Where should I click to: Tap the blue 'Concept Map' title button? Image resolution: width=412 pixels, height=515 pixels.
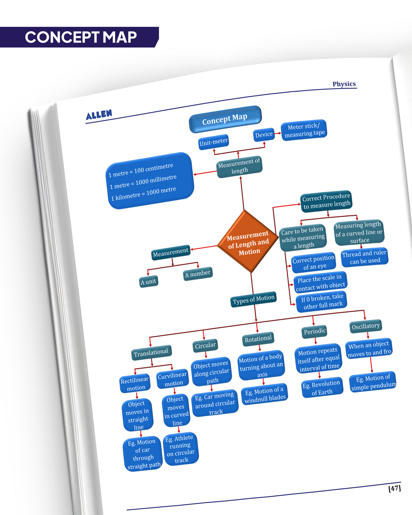pyautogui.click(x=225, y=119)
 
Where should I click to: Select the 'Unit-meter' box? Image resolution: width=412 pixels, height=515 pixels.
pyautogui.click(x=213, y=142)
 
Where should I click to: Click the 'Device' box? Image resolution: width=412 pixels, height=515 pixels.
pyautogui.click(x=264, y=134)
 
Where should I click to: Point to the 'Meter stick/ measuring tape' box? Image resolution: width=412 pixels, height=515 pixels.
pyautogui.click(x=304, y=130)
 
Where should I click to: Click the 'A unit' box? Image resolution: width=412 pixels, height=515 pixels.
pyautogui.click(x=148, y=281)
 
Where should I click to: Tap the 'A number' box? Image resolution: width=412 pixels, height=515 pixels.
pyautogui.click(x=198, y=274)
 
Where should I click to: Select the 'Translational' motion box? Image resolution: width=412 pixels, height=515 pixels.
pyautogui.click(x=151, y=352)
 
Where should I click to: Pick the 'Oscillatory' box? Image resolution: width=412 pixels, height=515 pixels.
pyautogui.click(x=365, y=326)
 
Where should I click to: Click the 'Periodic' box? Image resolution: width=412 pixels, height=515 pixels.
pyautogui.click(x=315, y=331)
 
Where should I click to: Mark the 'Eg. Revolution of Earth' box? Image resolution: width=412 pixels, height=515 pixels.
pyautogui.click(x=321, y=388)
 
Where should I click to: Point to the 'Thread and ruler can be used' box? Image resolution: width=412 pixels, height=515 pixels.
pyautogui.click(x=365, y=257)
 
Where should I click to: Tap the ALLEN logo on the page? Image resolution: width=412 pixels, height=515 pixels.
pyautogui.click(x=99, y=115)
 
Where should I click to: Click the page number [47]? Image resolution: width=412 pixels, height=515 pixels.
pyautogui.click(x=394, y=489)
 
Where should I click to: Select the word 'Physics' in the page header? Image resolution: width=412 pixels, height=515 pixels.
pyautogui.click(x=344, y=84)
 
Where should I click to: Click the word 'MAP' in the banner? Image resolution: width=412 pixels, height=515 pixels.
pyautogui.click(x=120, y=37)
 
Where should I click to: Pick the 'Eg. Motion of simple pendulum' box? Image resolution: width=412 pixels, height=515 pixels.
pyautogui.click(x=373, y=382)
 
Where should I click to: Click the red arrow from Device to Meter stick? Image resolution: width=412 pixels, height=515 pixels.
pyautogui.click(x=278, y=133)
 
